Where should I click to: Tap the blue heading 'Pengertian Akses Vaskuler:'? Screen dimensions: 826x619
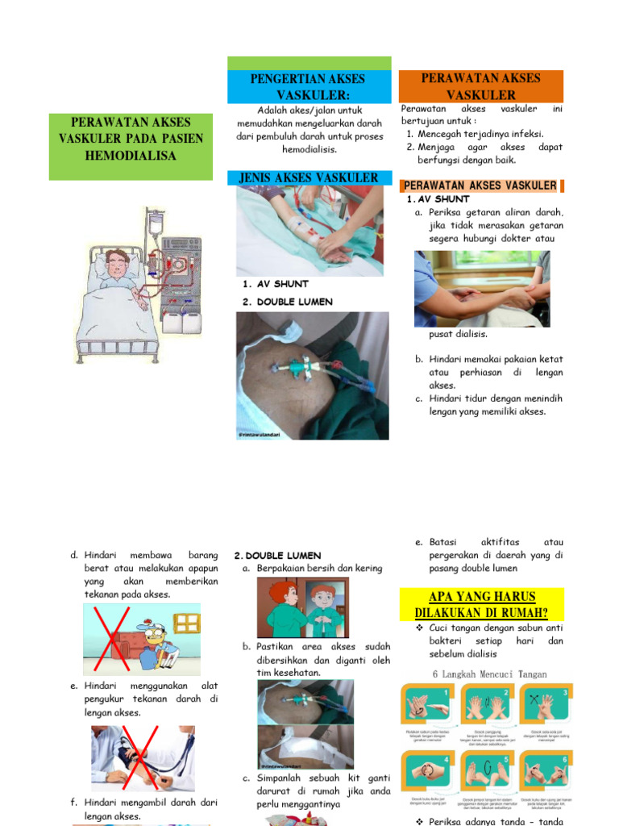pyautogui.click(x=307, y=87)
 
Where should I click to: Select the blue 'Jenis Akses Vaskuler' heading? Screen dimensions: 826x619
pyautogui.click(x=309, y=177)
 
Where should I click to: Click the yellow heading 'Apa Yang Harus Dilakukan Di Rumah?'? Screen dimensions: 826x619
pyautogui.click(x=482, y=604)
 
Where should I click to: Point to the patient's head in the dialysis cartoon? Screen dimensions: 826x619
pyautogui.click(x=117, y=263)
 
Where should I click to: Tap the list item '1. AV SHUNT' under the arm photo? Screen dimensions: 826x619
pyautogui.click(x=275, y=284)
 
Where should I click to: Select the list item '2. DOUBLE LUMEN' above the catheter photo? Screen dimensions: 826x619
pyautogui.click(x=286, y=302)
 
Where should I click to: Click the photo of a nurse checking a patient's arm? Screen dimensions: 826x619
pyautogui.click(x=482, y=288)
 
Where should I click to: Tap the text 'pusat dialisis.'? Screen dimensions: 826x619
pyautogui.click(x=458, y=334)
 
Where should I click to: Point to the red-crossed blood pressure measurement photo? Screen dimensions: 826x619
pyautogui.click(x=143, y=758)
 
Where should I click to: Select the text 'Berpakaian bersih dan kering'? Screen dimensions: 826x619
pyautogui.click(x=318, y=569)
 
